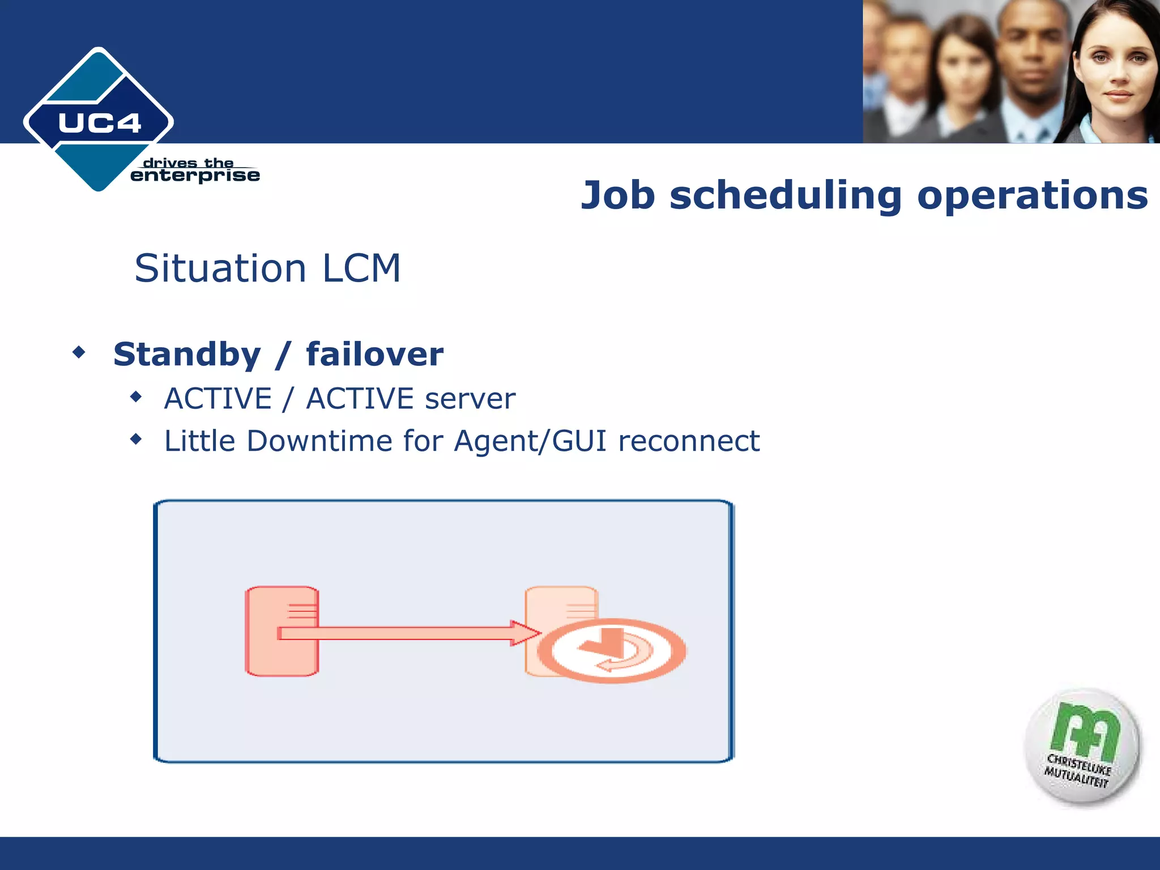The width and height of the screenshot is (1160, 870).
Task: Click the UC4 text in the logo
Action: pos(100,123)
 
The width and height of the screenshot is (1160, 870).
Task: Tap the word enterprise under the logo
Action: pos(195,176)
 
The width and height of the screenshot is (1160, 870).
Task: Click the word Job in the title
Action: pos(618,195)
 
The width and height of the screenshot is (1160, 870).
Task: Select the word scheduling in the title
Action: pos(786,195)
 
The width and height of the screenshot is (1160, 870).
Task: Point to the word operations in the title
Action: pos(1032,195)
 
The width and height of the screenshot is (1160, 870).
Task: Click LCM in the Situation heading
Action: pos(361,268)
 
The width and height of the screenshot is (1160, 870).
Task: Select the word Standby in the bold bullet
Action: pos(187,355)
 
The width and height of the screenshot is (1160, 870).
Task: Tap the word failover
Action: pos(374,355)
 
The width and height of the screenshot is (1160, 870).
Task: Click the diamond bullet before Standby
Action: pos(79,353)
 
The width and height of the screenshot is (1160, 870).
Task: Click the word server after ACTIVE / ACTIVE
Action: pos(470,399)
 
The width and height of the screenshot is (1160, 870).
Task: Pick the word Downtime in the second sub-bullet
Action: pos(319,441)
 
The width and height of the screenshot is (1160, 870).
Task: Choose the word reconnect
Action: pos(689,441)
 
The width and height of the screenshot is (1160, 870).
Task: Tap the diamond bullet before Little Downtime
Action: pos(136,439)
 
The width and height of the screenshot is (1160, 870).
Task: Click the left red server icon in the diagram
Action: pos(282,631)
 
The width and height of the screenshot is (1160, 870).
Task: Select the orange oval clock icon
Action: pos(611,651)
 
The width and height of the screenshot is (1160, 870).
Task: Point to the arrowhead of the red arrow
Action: pos(526,633)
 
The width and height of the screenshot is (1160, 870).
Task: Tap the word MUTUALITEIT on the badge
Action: pos(1076,777)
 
